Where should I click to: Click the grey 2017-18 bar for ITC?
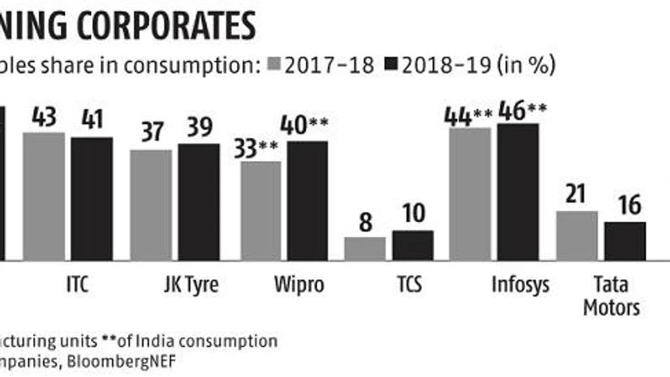(x=43, y=195)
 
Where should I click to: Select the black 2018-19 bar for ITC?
(x=92, y=199)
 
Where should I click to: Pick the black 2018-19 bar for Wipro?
(x=307, y=200)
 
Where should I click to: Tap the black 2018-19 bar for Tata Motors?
(x=625, y=241)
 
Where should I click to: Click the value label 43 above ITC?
(x=43, y=118)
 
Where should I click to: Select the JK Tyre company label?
(x=191, y=286)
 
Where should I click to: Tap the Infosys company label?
(x=520, y=286)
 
